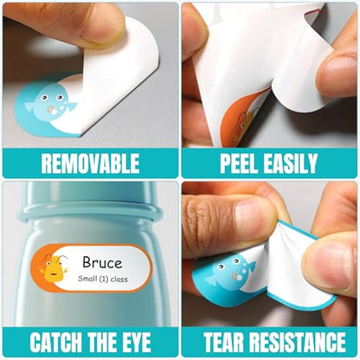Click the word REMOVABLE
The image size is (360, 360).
[x=90, y=164]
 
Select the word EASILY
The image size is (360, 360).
[x=291, y=164]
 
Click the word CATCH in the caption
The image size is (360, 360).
[x=56, y=342]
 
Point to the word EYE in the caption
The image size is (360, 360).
[x=135, y=342]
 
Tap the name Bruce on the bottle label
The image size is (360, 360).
[x=102, y=262]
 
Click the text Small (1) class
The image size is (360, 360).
[x=103, y=279]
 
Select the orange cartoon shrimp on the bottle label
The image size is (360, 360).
[x=55, y=268]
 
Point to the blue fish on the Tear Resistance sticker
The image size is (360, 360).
[x=231, y=273]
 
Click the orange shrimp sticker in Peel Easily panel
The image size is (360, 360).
[x=243, y=119]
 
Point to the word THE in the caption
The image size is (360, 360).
[x=101, y=342]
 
